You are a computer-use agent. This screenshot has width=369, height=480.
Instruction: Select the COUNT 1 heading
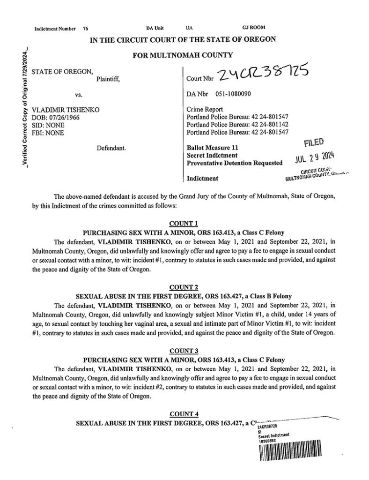coord(184,223)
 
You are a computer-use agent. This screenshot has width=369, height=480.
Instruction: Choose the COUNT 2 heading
coord(184,287)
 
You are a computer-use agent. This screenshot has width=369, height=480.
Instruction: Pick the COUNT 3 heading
coord(184,351)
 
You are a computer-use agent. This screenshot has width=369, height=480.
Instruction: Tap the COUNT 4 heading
coord(184,414)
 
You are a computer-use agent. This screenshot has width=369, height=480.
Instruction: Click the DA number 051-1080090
coord(232,94)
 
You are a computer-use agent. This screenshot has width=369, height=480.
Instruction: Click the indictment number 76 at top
coord(85,29)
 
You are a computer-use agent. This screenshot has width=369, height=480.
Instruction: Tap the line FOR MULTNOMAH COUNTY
coord(183,55)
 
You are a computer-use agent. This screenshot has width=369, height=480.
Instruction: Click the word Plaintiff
coord(108,79)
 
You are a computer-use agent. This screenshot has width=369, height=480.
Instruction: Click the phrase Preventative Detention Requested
coord(234,163)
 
